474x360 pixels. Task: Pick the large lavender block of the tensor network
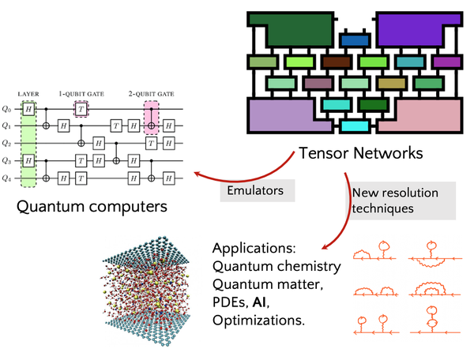coord(284,116)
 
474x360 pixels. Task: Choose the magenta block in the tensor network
coord(446,62)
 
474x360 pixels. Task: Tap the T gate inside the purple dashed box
coord(80,108)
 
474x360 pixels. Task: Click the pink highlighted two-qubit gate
coord(151,116)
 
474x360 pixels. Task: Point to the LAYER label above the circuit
coord(28,93)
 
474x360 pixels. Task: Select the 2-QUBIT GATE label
coord(152,93)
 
